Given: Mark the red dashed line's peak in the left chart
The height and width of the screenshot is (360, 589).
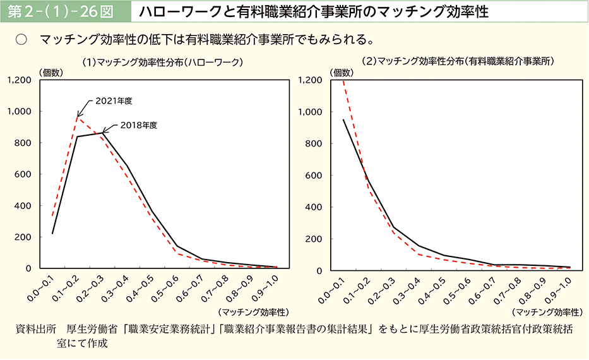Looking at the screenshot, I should pos(78,117).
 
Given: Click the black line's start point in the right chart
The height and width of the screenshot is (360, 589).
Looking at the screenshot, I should pos(343,120).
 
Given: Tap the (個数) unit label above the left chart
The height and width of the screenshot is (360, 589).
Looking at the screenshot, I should pos(51,73).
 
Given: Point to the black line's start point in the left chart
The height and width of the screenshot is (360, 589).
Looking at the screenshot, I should pos(52,234).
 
